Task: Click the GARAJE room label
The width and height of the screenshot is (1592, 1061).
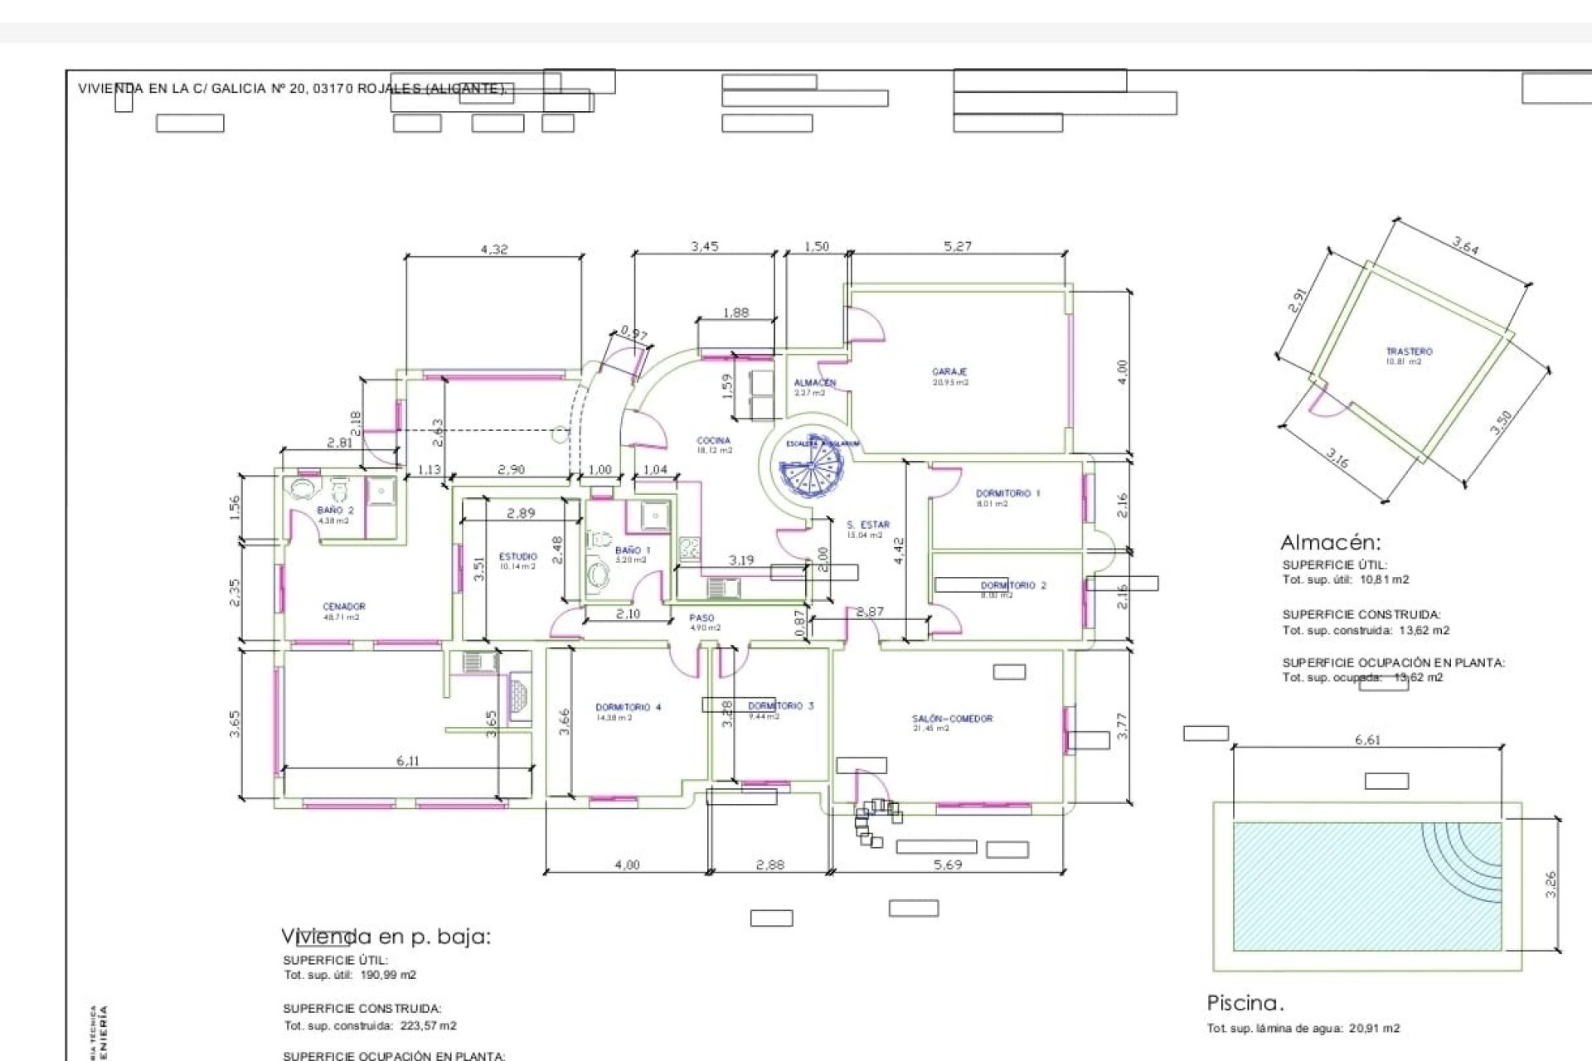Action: (949, 372)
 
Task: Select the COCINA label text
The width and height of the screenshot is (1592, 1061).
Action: (713, 441)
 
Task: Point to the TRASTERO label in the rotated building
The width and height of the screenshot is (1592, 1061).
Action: (1409, 351)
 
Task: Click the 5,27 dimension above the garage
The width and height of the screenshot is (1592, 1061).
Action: (958, 246)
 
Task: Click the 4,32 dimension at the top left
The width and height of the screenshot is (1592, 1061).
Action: (494, 249)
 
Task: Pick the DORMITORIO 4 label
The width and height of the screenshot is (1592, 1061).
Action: (628, 707)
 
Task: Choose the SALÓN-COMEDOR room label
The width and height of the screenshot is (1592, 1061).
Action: (952, 719)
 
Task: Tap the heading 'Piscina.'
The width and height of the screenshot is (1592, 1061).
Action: (1245, 1003)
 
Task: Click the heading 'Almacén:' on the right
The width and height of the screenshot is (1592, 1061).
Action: (1331, 543)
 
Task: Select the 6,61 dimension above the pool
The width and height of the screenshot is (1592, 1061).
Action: (1367, 739)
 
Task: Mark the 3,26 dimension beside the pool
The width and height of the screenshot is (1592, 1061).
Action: (1551, 884)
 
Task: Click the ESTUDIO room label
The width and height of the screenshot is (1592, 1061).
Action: (518, 556)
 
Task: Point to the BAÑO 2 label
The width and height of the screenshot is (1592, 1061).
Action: (335, 510)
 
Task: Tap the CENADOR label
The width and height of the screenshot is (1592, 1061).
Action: (343, 606)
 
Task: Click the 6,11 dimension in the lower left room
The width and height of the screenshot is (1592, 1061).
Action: (407, 761)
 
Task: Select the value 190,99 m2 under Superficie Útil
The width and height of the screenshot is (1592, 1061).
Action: (388, 975)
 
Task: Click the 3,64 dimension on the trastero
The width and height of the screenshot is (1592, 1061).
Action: (1465, 246)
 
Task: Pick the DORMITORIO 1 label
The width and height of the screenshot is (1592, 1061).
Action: (1007, 493)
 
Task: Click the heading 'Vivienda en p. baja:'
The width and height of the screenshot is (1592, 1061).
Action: (386, 937)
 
